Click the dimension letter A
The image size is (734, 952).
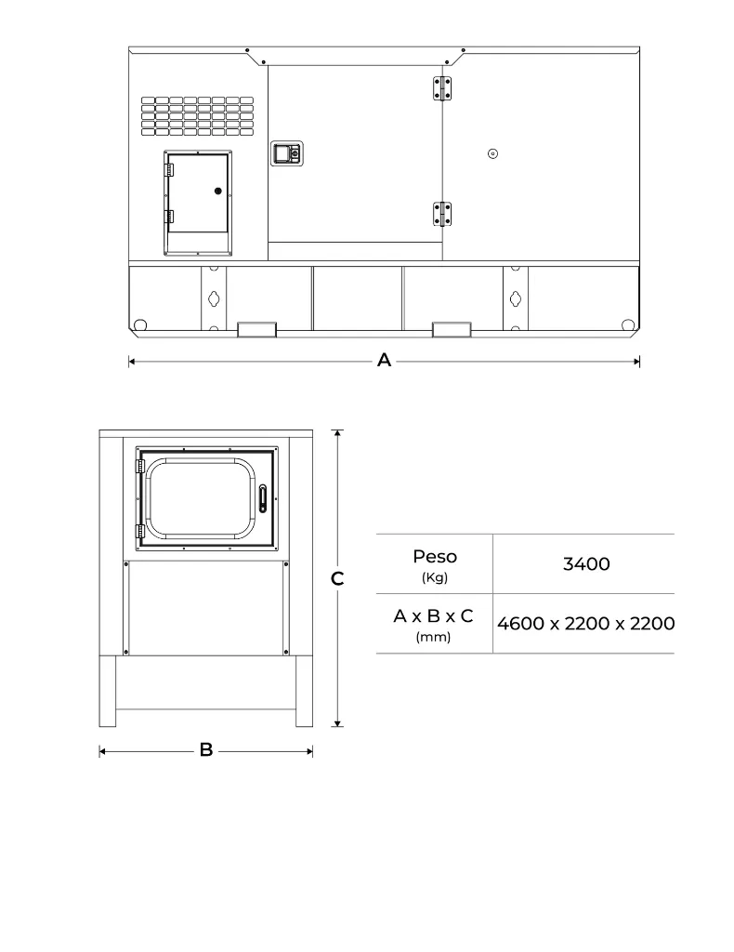click(x=384, y=362)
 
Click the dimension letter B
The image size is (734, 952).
click(x=206, y=750)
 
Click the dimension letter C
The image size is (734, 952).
click(x=338, y=579)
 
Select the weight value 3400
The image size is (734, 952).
click(x=586, y=563)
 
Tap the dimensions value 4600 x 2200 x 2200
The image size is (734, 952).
click(x=585, y=623)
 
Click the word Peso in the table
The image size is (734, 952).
click(x=434, y=557)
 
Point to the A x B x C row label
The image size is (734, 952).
click(x=433, y=616)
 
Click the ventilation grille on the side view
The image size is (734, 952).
click(x=197, y=115)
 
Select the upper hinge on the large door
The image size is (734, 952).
click(x=441, y=87)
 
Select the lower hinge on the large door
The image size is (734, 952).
click(x=441, y=214)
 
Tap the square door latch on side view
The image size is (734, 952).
click(x=286, y=153)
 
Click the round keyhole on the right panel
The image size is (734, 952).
click(x=493, y=153)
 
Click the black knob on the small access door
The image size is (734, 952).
click(x=218, y=191)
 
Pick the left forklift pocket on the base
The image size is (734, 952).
click(x=257, y=329)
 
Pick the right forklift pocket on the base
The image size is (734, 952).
click(x=452, y=329)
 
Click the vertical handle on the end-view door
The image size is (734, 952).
click(x=263, y=499)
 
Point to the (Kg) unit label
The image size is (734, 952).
click(x=434, y=577)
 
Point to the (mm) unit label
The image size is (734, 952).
click(x=433, y=637)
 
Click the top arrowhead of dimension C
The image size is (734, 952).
click(x=339, y=433)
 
